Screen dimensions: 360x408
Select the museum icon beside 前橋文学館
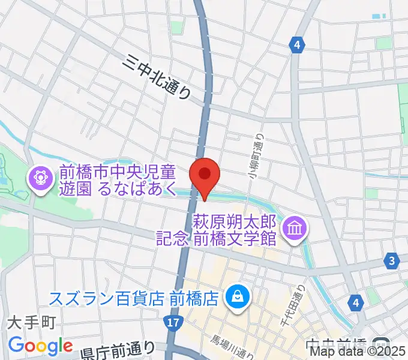[295, 229]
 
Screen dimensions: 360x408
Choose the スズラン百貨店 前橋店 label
[133, 298]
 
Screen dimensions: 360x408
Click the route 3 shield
[392, 260]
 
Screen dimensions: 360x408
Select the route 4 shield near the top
[296, 44]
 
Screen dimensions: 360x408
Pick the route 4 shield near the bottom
[358, 302]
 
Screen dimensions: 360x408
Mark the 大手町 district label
[31, 323]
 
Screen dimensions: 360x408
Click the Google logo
[41, 346]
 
